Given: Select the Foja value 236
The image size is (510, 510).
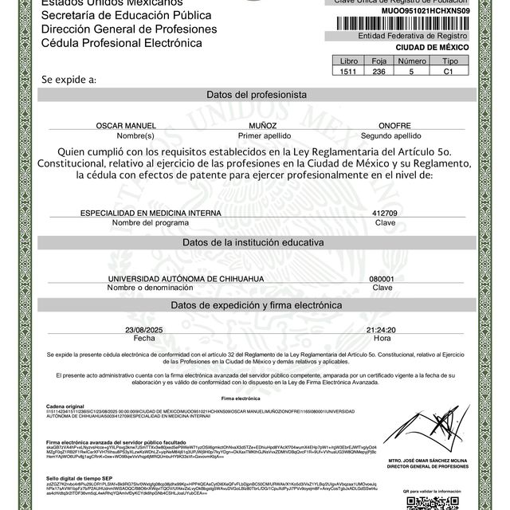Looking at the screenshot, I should pyautogui.click(x=379, y=71).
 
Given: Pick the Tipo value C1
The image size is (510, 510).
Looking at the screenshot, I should pyautogui.click(x=450, y=71).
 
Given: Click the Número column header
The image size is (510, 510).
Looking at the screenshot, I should pyautogui.click(x=412, y=61).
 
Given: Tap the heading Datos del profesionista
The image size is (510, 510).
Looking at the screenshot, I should pyautogui.click(x=257, y=94).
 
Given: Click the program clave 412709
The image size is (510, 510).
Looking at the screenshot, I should pyautogui.click(x=384, y=214).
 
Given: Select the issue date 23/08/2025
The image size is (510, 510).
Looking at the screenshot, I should pyautogui.click(x=143, y=329).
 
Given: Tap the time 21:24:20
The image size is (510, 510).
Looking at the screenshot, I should pyautogui.click(x=381, y=329).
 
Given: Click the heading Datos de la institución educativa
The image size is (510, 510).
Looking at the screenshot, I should pyautogui.click(x=257, y=241).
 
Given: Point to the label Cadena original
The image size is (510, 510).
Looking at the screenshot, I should pyautogui.click(x=65, y=406).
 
